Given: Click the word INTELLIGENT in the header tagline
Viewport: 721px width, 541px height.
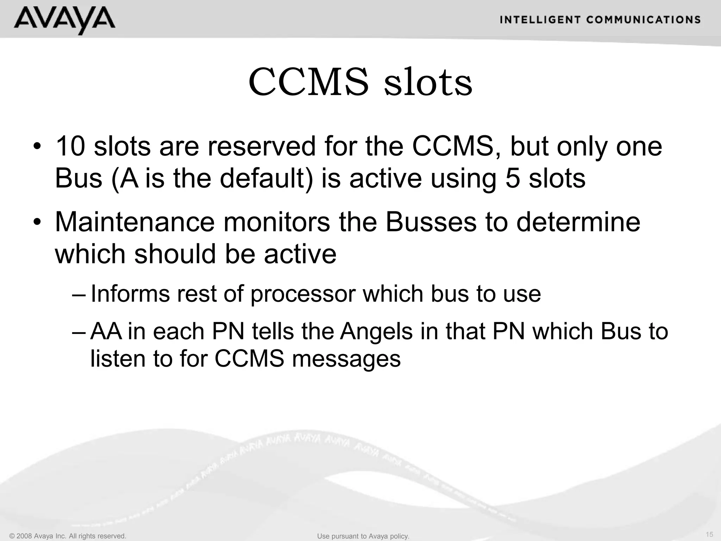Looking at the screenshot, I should pyautogui.click(x=540, y=20).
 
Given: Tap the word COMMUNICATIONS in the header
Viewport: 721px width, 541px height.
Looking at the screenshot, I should pyautogui.click(x=644, y=20).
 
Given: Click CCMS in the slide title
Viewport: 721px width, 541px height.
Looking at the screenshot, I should pyautogui.click(x=309, y=82).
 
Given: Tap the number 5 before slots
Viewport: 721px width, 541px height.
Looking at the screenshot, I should pyautogui.click(x=513, y=178).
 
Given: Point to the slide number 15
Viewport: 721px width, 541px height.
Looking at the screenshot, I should pyautogui.click(x=709, y=534).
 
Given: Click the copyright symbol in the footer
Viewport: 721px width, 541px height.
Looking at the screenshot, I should pyautogui.click(x=12, y=536).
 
